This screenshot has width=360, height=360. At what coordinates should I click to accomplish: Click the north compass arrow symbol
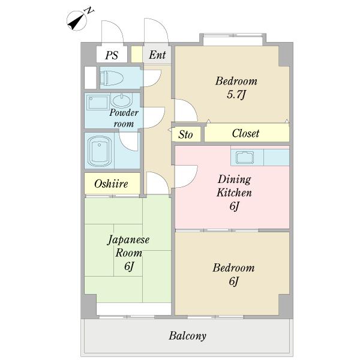point(77,20)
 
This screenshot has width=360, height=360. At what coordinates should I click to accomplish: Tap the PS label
point(112,55)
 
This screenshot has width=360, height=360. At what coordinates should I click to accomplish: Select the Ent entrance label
point(157,55)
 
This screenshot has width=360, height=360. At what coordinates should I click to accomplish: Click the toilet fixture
point(112,78)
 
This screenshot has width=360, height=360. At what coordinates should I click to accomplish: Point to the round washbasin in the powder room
point(121,100)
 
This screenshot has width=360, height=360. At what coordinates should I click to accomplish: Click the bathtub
point(100,151)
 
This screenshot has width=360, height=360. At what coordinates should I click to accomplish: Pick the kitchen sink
point(245,157)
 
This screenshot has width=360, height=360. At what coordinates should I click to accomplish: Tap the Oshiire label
point(111,184)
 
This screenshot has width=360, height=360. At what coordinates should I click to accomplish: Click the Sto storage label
point(185,134)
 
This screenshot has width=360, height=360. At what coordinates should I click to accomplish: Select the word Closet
point(245,133)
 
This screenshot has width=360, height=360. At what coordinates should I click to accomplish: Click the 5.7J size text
point(236,94)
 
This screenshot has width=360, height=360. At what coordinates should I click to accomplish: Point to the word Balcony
point(187,335)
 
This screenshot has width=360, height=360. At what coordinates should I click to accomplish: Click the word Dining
point(235,179)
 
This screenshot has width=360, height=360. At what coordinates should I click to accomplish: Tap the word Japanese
point(128,240)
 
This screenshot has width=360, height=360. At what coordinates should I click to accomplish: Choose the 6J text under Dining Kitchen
point(234,206)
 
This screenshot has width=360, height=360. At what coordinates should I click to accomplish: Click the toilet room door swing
point(152,78)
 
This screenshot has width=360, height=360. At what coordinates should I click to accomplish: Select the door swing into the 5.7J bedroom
point(186,110)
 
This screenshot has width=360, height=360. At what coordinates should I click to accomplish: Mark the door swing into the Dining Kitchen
point(186,176)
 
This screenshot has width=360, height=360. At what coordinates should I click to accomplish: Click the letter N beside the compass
point(89,11)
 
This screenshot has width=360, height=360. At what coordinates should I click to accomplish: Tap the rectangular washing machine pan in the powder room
point(98,102)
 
